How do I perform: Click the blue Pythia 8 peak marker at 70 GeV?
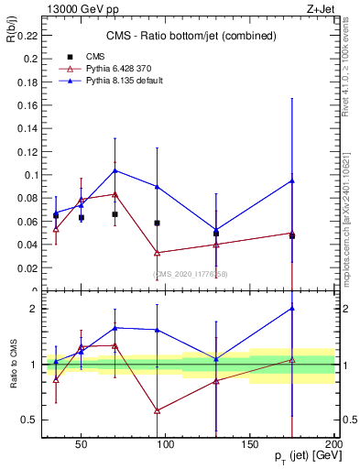pos(115,170)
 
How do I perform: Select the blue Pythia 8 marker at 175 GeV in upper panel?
pos(291,180)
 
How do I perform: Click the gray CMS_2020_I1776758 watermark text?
pos(190,274)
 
